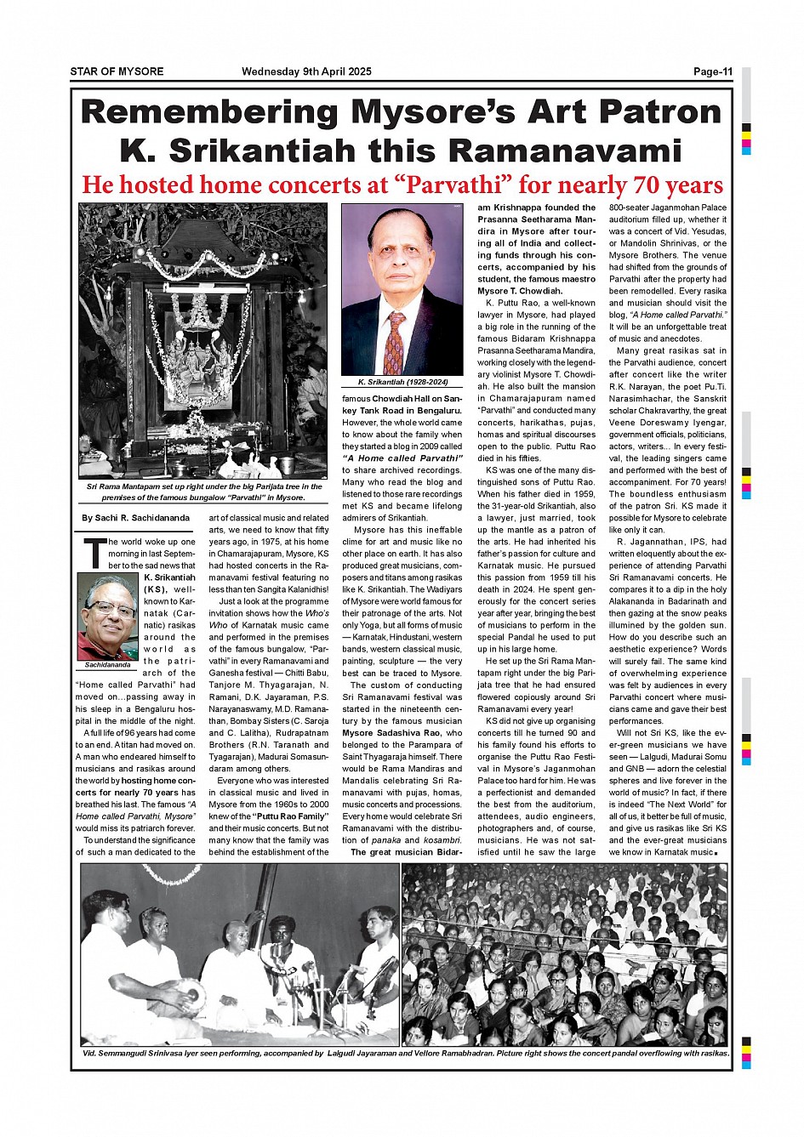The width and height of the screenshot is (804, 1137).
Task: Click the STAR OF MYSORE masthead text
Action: (117, 71)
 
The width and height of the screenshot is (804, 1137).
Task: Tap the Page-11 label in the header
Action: (712, 71)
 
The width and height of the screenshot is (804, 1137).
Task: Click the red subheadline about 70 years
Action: (402, 185)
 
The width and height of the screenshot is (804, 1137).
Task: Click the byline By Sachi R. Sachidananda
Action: (135, 518)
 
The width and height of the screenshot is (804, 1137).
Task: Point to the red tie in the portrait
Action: (394, 344)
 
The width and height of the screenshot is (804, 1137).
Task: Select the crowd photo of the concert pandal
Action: (565, 954)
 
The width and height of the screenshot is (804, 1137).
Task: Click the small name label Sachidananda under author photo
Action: (107, 665)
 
